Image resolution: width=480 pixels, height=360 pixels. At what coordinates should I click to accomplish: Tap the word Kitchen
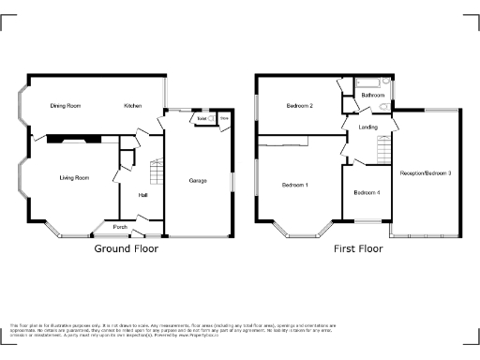pyautogui.click(x=133, y=107)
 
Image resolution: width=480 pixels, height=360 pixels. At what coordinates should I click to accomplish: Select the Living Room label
pyautogui.click(x=74, y=177)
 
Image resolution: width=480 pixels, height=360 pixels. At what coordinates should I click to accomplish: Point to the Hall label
pyautogui.click(x=143, y=195)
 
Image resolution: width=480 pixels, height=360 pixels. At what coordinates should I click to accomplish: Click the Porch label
pyautogui.click(x=120, y=227)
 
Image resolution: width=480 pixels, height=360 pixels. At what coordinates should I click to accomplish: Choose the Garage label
pyautogui.click(x=197, y=180)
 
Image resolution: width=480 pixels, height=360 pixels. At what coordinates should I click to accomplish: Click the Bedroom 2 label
pyautogui.click(x=299, y=107)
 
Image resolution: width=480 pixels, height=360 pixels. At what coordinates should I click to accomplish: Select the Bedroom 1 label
pyautogui.click(x=295, y=185)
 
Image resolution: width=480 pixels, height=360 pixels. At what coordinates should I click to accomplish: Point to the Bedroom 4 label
pyautogui.click(x=367, y=193)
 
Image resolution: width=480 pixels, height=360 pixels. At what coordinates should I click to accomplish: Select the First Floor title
pyautogui.click(x=359, y=249)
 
